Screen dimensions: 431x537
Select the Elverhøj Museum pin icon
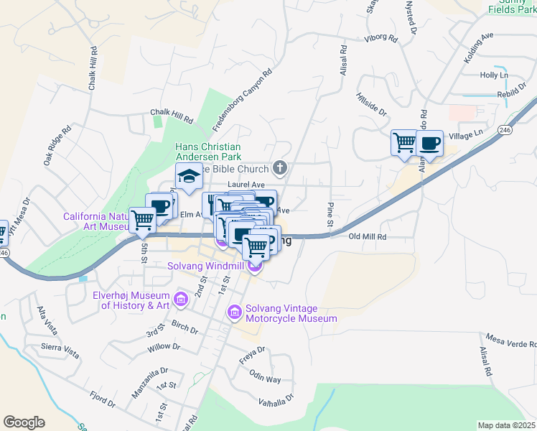(x=180, y=298)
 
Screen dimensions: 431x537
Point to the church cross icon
(x=281, y=169)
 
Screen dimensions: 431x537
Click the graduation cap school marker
(x=189, y=177)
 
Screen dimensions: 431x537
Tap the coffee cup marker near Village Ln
(x=429, y=142)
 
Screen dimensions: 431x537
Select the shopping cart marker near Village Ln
(x=404, y=142)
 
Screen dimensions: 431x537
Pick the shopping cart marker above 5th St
(x=142, y=220)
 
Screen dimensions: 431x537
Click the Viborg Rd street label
(x=380, y=39)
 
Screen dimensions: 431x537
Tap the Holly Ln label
(x=494, y=75)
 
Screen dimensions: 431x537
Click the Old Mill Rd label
(x=368, y=236)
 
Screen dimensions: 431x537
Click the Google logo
(x=24, y=422)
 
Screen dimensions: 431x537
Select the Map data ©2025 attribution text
(x=506, y=425)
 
